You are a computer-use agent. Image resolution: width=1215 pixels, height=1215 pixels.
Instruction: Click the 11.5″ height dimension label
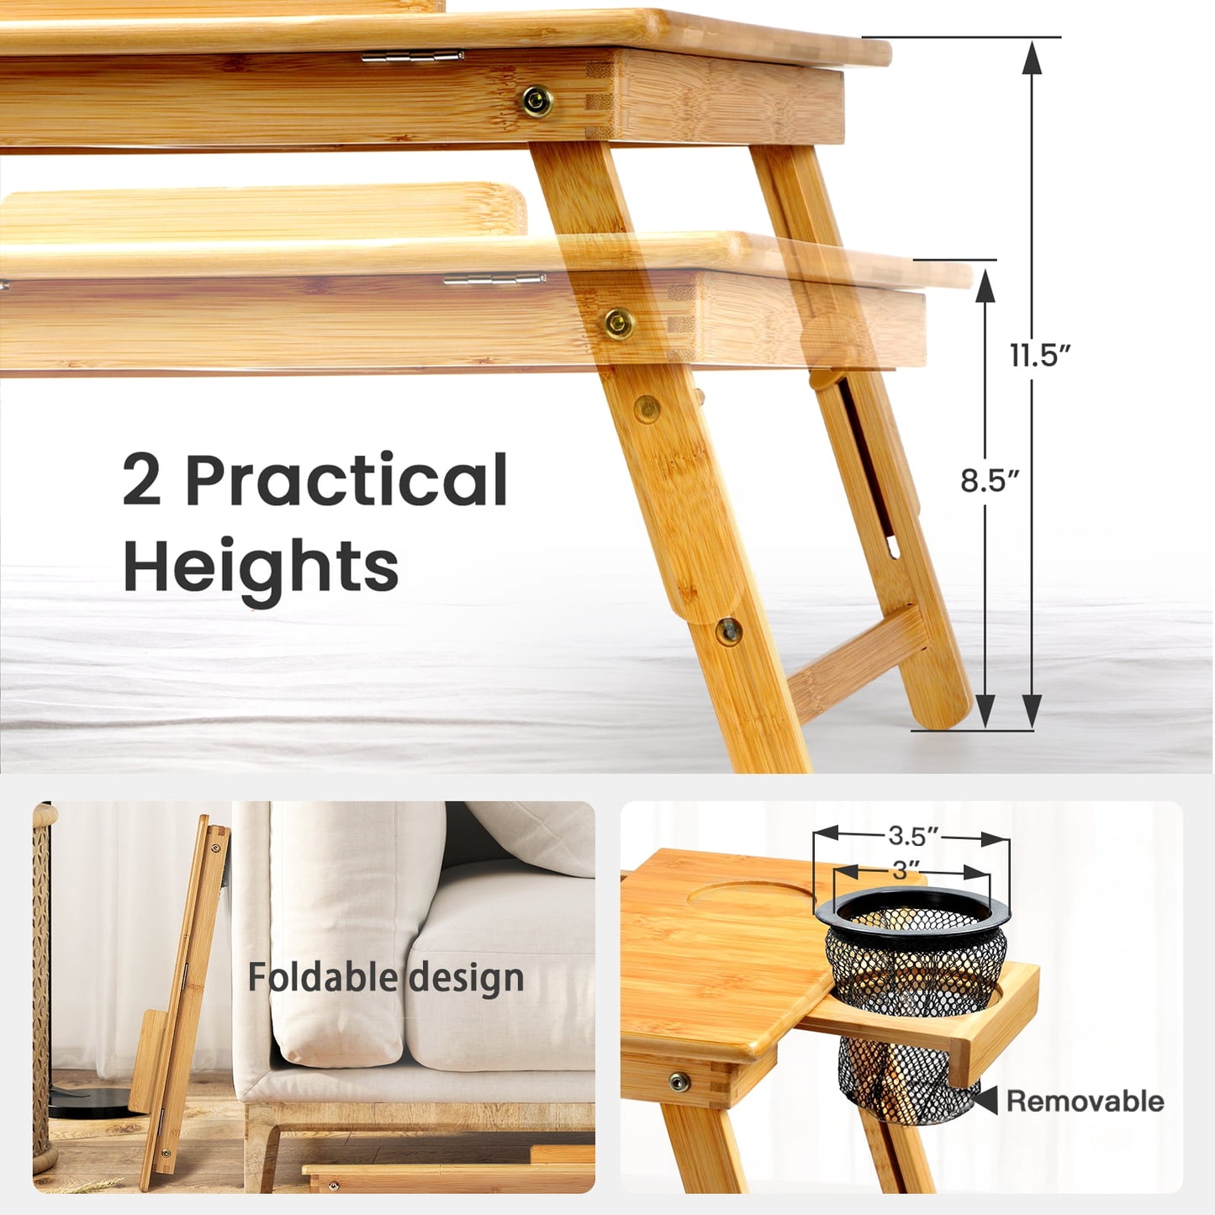point(1040,355)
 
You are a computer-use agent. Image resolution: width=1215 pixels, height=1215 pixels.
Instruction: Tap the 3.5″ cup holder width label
point(912,836)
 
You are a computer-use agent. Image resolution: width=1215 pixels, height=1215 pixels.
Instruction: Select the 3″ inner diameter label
point(901,869)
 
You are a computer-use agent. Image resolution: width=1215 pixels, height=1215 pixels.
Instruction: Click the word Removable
point(1085,1101)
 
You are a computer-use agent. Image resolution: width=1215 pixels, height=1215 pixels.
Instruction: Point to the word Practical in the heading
point(346,480)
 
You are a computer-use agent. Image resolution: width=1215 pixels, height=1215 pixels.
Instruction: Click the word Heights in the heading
point(261,567)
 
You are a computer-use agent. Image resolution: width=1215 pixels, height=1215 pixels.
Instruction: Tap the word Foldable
point(322,977)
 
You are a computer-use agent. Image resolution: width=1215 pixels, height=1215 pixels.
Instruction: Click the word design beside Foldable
point(467,977)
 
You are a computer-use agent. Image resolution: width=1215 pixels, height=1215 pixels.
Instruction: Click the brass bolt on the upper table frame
point(537,101)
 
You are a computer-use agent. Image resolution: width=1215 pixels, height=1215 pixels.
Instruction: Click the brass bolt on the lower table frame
point(619,323)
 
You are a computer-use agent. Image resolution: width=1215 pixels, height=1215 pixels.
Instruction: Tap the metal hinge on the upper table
point(413,56)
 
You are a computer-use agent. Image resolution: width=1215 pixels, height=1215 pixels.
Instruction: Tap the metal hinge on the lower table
point(494,279)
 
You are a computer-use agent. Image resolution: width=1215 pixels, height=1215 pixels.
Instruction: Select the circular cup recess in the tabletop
point(748,894)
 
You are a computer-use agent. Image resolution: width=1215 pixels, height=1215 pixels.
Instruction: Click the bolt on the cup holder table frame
point(679,1082)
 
